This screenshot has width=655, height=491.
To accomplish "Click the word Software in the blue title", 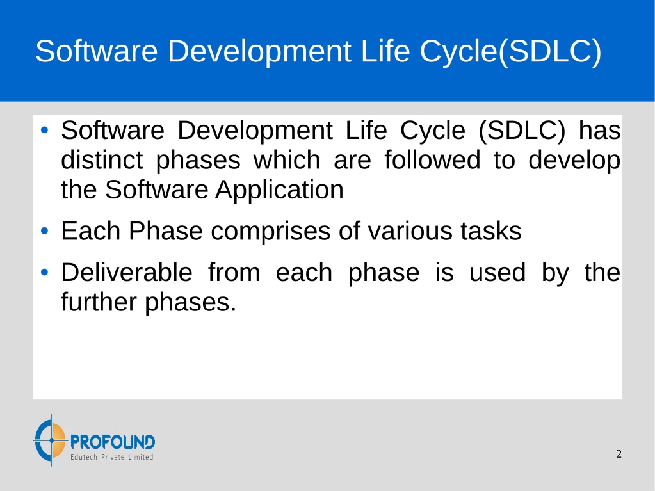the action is (97, 51).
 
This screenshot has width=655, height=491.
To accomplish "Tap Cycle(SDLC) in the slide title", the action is (510, 52).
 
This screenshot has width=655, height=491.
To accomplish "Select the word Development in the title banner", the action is (259, 52).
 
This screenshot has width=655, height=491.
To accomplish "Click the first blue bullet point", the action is (45, 131).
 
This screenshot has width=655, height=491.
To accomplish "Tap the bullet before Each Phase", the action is (45, 231).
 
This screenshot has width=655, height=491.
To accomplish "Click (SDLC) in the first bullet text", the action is (522, 131).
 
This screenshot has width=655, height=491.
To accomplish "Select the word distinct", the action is (102, 160).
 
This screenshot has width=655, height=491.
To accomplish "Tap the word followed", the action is (432, 160).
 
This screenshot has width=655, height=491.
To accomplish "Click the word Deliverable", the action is (127, 273).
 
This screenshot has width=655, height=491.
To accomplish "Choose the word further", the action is (99, 302).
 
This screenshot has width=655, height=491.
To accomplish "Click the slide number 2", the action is (619, 454).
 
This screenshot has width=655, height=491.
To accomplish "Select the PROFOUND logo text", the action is (113, 442).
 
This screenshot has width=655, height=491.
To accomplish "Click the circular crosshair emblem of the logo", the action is (51, 440).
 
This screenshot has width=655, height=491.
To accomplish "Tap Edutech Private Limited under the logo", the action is (112, 457).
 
